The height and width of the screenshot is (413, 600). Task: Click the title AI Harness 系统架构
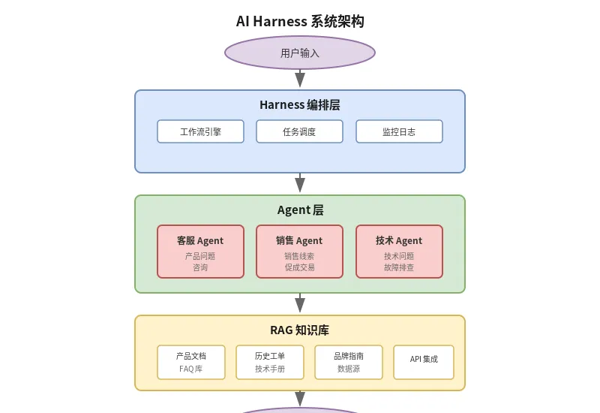pos(300,21)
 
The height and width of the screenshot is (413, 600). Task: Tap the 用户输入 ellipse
pos(300,53)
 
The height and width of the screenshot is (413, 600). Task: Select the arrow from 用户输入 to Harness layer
pos(300,79)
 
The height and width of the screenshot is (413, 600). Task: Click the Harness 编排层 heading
pos(300,105)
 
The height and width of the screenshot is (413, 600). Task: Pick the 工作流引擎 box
pos(200,131)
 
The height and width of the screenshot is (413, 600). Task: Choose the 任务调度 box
pos(299,131)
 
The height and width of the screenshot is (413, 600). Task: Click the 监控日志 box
pos(399,131)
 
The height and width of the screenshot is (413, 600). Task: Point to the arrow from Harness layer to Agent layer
pos(300,184)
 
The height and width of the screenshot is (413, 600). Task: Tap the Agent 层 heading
pos(300,210)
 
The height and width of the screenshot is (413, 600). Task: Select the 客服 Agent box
pos(200,252)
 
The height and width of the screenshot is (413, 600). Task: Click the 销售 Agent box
pos(299,252)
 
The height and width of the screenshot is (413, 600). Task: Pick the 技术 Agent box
pos(399,252)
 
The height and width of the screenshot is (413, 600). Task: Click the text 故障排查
pos(399,267)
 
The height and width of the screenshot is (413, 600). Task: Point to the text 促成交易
pos(299,267)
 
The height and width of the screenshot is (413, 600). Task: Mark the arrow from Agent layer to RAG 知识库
pos(300,303)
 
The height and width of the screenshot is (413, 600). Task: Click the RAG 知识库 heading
pos(300,330)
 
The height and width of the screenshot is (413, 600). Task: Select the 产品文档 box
pos(191,362)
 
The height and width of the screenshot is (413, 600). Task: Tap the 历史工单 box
pos(270,362)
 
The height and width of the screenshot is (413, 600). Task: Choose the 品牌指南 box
pos(349,362)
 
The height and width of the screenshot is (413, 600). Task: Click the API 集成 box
pos(424,362)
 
